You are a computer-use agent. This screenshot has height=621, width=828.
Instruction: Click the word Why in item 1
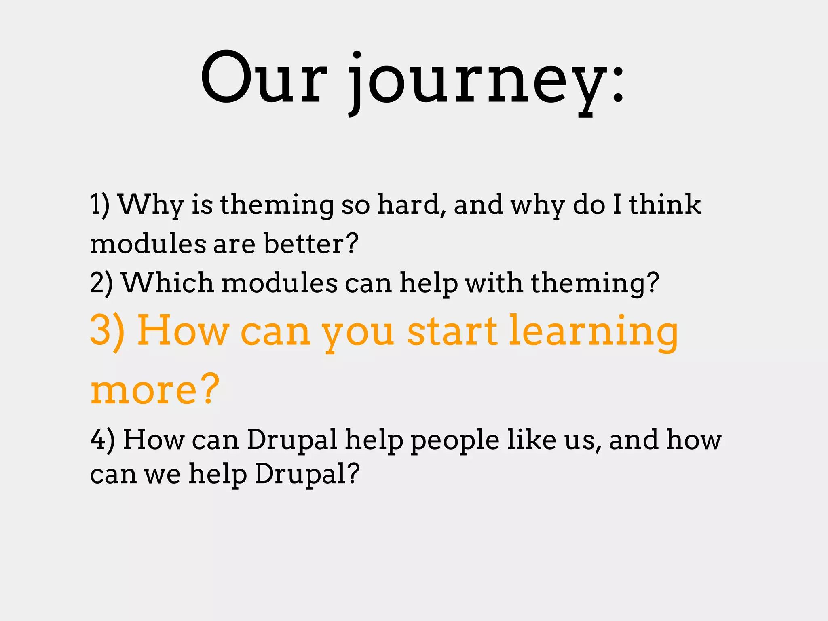(x=151, y=205)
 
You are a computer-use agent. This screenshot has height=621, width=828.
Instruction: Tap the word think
(x=665, y=205)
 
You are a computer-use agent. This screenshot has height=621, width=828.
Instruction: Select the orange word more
(x=144, y=390)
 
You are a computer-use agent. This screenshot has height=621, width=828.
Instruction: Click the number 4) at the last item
(x=102, y=439)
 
